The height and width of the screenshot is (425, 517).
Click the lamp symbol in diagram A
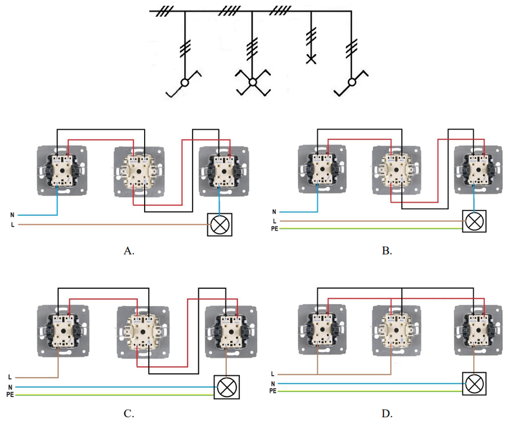click(x=220, y=225)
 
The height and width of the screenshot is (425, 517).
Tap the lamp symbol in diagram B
click(x=474, y=221)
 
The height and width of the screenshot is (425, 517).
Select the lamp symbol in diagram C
click(x=227, y=387)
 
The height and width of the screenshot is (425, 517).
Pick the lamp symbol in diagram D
click(x=474, y=384)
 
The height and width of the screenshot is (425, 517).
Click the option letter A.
click(x=129, y=251)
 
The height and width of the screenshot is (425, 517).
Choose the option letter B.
click(x=386, y=251)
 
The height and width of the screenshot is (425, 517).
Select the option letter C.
click(x=129, y=413)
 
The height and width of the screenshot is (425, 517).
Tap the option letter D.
click(x=386, y=413)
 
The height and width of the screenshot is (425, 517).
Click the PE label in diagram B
click(x=274, y=229)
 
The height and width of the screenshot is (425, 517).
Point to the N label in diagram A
click(x=12, y=215)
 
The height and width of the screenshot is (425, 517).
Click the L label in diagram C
click(x=10, y=377)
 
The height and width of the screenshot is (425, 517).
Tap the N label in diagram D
click(x=273, y=384)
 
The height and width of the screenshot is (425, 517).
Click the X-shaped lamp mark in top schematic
click(x=311, y=59)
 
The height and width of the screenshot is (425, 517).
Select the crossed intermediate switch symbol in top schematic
click(x=253, y=83)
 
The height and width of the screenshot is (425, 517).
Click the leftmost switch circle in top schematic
click(x=185, y=83)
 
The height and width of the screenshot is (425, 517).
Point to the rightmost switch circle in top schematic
click(x=352, y=83)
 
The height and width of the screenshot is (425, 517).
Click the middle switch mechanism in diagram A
click(x=139, y=172)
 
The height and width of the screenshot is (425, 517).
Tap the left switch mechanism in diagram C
click(x=63, y=331)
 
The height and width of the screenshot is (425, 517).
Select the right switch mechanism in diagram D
click(x=478, y=330)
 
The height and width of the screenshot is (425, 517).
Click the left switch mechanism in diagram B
click(x=322, y=169)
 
